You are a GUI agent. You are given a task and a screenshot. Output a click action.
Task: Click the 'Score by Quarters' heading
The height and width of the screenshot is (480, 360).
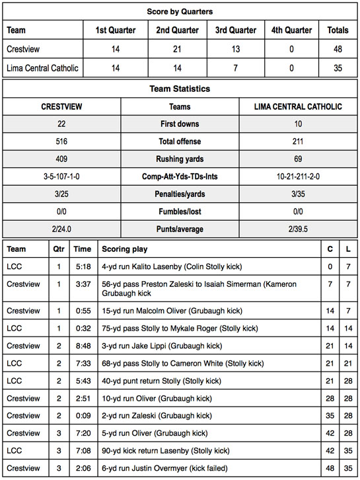tap(180, 11)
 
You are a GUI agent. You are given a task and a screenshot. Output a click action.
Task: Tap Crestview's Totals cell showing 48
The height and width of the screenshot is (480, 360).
tap(338, 50)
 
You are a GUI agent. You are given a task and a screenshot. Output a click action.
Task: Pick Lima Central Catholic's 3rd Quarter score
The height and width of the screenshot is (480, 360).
tap(236, 69)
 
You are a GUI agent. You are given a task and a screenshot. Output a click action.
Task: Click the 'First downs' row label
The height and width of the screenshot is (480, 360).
tap(180, 124)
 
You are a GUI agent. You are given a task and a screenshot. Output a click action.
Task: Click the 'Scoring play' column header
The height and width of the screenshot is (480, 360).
tap(124, 249)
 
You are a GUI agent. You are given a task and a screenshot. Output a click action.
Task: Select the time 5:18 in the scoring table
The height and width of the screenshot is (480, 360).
tap(82, 266)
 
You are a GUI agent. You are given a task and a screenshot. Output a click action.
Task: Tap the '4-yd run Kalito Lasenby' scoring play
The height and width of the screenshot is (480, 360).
tap(172, 266)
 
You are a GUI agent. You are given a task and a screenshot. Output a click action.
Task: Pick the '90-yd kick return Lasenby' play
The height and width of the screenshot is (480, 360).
tap(165, 451)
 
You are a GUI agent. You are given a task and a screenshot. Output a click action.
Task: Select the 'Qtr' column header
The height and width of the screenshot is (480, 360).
tap(59, 249)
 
